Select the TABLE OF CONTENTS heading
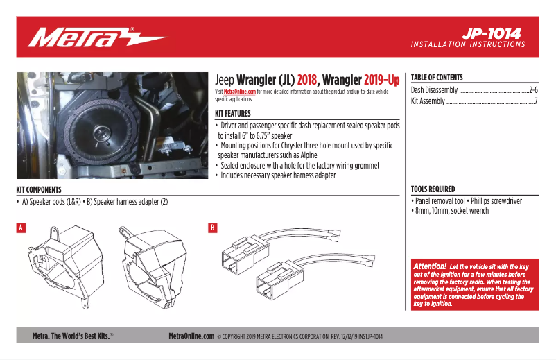coord(437,78)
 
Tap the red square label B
coord(213,228)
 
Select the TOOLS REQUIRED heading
coord(433,189)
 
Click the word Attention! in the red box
coord(429,266)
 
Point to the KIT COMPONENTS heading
coord(39,189)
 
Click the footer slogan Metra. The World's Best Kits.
coord(73,336)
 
